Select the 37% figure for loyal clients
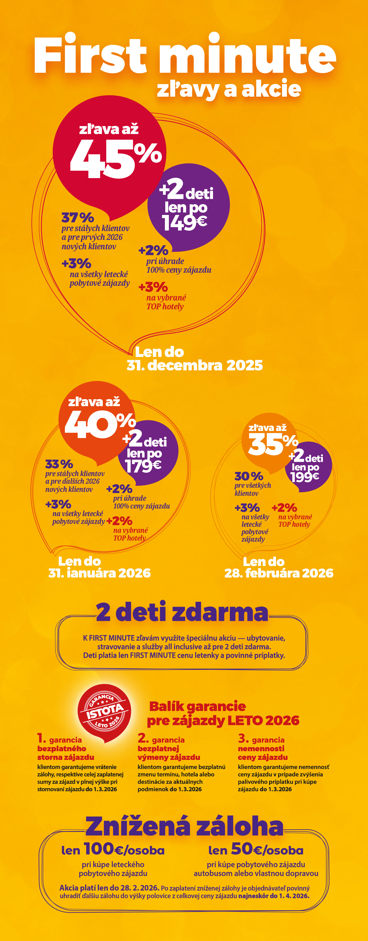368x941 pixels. (77, 218)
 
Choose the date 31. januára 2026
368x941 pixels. (99, 573)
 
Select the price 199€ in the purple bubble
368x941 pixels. (305, 476)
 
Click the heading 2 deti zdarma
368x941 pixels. (182, 613)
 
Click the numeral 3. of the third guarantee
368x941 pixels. (243, 738)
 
